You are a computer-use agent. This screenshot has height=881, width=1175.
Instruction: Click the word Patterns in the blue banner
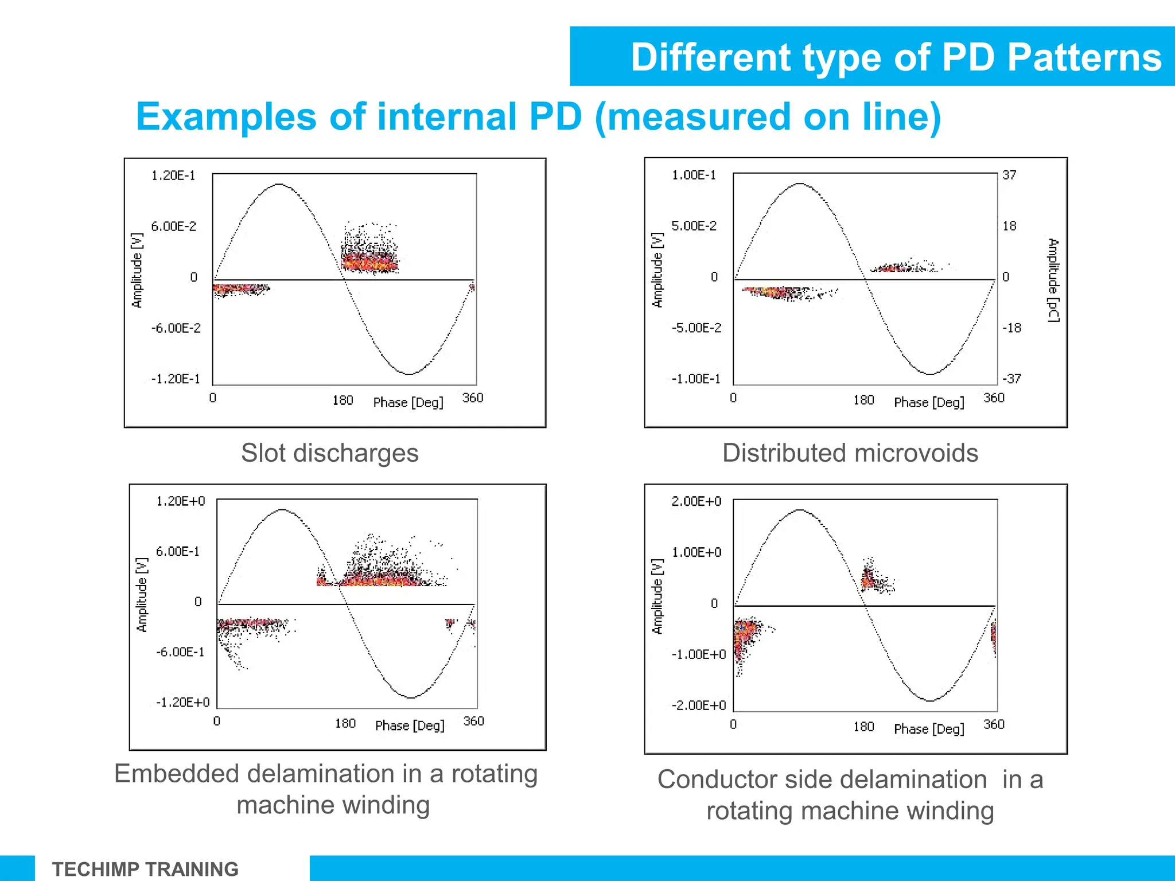(1084, 57)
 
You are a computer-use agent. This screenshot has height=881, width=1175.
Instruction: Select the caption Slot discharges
(329, 453)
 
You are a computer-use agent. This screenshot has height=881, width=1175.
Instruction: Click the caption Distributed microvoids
(850, 453)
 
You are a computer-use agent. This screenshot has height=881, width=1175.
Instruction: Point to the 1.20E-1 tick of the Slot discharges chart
(173, 176)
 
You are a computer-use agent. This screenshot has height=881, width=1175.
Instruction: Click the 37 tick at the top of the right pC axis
(1009, 175)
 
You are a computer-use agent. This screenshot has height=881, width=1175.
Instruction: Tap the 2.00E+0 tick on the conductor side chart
(696, 501)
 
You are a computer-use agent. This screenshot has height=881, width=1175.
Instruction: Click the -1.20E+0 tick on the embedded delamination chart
(183, 703)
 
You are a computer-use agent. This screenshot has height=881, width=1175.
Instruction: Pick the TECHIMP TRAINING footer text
(145, 869)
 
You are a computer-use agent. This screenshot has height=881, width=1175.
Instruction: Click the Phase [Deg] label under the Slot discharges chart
(408, 403)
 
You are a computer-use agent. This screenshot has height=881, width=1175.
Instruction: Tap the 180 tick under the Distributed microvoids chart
(863, 400)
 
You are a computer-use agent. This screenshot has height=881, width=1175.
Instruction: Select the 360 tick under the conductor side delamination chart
(994, 724)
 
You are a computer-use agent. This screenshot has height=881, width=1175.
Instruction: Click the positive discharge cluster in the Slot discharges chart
(369, 261)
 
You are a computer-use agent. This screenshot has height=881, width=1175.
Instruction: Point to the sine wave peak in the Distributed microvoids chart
(800, 184)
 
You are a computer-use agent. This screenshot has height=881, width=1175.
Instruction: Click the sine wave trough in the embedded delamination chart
(411, 697)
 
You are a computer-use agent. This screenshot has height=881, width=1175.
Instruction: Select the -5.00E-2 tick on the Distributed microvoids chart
(696, 328)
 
